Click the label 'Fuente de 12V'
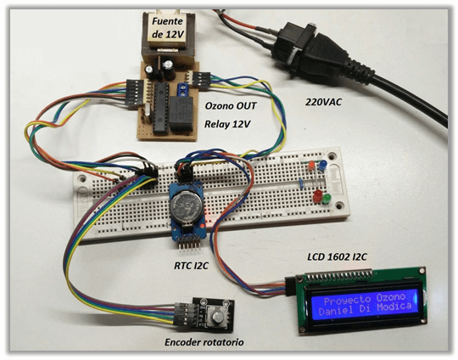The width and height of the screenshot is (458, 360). (x=168, y=28)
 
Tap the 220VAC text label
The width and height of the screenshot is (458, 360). (x=323, y=102)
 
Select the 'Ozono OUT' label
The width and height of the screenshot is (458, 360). (x=231, y=105)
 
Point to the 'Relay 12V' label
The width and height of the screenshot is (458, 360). (x=227, y=124)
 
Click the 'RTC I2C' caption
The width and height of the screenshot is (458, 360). (x=191, y=266)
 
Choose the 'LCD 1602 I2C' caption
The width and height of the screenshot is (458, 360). (x=337, y=256)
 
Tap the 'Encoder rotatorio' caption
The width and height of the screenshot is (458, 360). (x=204, y=342)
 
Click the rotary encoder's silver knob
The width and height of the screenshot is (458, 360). (x=217, y=317)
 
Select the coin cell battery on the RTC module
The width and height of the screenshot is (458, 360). (x=186, y=207)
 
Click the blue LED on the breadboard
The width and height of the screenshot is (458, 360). (x=322, y=166)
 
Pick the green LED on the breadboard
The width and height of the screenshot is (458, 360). (x=327, y=199)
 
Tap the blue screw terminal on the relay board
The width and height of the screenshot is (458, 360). (x=183, y=89)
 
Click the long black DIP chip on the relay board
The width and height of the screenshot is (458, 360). (x=161, y=108)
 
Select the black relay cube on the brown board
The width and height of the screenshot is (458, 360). (x=181, y=114)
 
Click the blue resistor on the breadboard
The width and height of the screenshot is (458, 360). (x=301, y=183)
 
